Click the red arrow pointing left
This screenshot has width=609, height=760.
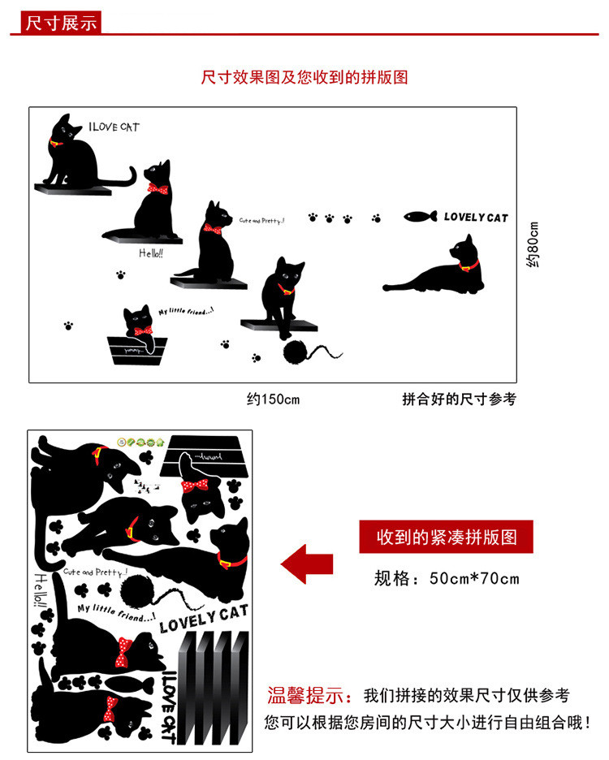click(x=306, y=563)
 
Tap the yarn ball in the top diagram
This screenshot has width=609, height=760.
click(x=294, y=351)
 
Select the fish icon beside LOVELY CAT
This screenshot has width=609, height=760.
click(x=421, y=217)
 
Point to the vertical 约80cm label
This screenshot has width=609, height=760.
click(x=533, y=244)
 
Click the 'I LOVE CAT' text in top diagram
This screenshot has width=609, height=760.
click(x=114, y=127)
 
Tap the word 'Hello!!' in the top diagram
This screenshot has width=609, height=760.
click(x=151, y=253)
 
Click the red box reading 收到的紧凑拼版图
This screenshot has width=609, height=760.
click(x=446, y=538)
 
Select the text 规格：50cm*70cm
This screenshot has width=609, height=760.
click(x=446, y=579)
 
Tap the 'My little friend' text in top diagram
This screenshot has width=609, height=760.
click(x=186, y=310)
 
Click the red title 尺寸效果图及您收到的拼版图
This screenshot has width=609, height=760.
click(x=304, y=77)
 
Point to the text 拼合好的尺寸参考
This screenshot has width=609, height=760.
click(x=459, y=399)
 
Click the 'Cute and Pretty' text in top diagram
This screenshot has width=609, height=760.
click(x=261, y=220)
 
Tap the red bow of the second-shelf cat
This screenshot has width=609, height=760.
click(x=158, y=189)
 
